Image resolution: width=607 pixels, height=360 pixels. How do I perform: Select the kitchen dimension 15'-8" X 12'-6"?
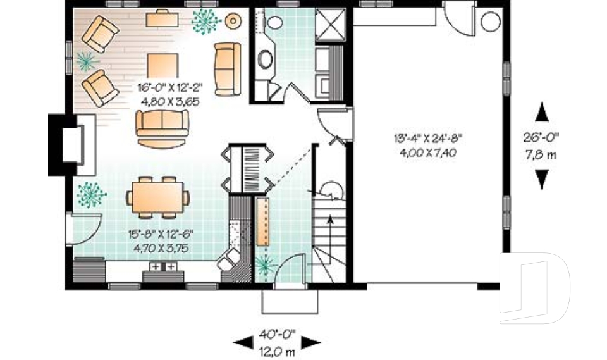(x=161, y=234)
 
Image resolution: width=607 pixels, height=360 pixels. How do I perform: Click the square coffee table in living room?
(x=162, y=64)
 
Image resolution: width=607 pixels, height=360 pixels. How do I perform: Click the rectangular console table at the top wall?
(x=162, y=19)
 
